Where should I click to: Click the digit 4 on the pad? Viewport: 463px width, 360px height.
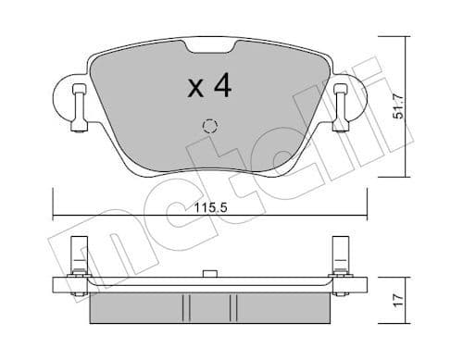221,86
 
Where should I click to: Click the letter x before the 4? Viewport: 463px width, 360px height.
195,89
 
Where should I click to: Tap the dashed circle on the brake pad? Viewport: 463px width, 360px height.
210,127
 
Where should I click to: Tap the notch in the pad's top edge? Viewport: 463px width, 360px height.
209,47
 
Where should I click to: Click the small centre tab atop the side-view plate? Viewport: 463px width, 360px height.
209,275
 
